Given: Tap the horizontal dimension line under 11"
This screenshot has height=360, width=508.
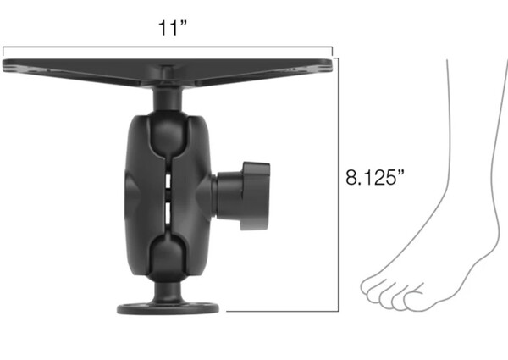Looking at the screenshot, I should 169,47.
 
